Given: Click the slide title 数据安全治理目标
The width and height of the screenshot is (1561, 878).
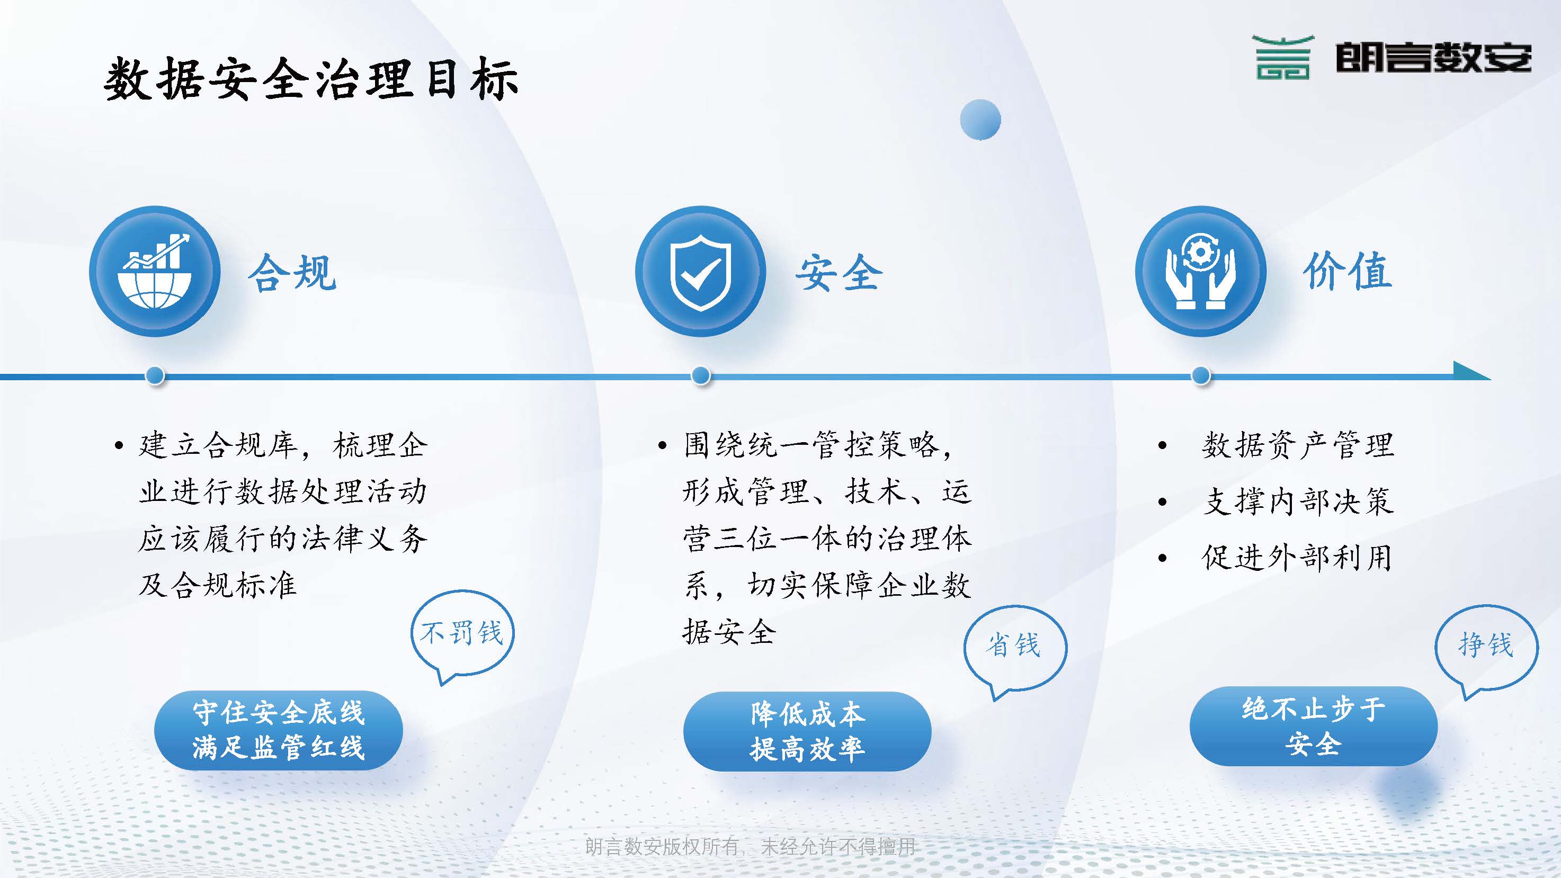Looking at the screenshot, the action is pos(311,79).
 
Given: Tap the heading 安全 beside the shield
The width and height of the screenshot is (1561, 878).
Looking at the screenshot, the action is pos(839,273).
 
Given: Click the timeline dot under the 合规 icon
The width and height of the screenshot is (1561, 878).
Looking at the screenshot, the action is pos(155,375).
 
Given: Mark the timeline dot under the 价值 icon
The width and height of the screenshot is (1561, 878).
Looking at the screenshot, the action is pos(1201,375).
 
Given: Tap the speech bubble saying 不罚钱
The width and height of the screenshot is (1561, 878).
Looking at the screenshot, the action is pos(462,634).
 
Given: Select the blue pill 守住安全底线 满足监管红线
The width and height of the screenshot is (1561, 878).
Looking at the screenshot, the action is pos(279,730).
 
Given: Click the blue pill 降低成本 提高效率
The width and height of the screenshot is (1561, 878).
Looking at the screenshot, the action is pos(807,731).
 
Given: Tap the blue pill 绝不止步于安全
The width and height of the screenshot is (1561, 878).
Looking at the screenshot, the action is pos(1314,726).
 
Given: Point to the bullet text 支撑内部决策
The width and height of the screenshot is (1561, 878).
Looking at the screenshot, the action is pos(1298,501).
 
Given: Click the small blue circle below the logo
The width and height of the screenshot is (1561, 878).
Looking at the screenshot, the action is pos(980,119).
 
